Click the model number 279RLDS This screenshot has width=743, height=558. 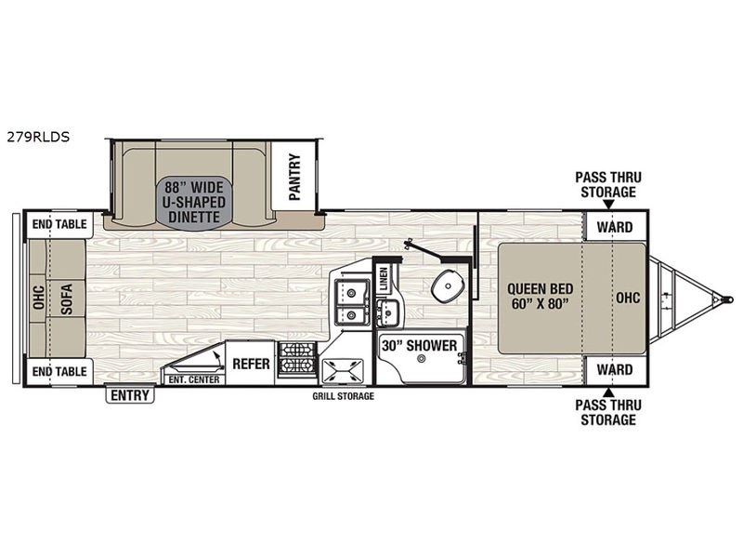[38, 137]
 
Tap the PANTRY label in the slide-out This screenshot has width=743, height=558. [294, 177]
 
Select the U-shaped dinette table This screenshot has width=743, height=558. [195, 203]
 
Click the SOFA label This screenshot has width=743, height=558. [67, 299]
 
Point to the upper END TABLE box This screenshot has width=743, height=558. [59, 224]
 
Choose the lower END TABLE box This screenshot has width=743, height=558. [59, 371]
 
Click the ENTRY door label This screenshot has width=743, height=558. [130, 394]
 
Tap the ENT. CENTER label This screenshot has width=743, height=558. [194, 379]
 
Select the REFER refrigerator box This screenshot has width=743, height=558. [250, 364]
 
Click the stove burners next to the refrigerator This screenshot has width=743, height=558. [296, 359]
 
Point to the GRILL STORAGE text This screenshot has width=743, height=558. [343, 396]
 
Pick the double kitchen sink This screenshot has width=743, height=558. [352, 301]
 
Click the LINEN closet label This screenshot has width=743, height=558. [384, 279]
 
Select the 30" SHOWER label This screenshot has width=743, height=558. [420, 345]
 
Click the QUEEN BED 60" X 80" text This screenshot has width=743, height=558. [541, 296]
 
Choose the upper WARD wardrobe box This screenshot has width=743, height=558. [616, 226]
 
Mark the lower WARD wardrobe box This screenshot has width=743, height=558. [616, 369]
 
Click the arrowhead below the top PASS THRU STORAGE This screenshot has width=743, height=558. [609, 205]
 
